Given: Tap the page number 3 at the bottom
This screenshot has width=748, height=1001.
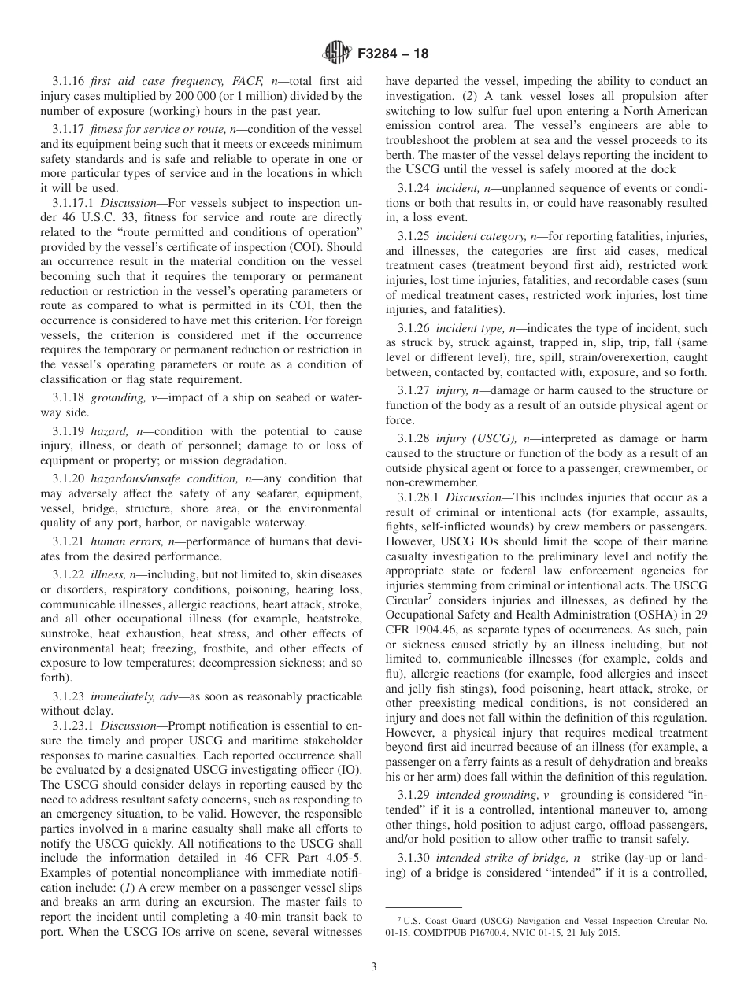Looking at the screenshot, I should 374,967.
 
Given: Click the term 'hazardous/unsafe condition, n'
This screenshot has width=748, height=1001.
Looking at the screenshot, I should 159,478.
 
